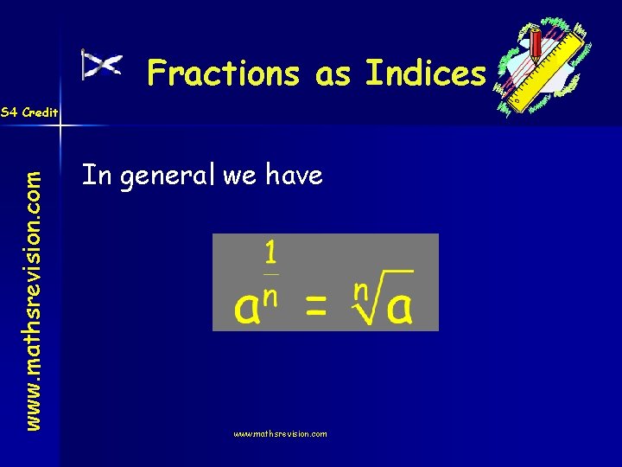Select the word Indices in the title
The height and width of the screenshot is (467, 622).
pyautogui.click(x=425, y=74)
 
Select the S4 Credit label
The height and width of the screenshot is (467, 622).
pyautogui.click(x=29, y=112)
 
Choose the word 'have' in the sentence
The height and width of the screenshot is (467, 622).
pyautogui.click(x=294, y=176)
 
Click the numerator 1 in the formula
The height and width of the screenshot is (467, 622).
pyautogui.click(x=270, y=253)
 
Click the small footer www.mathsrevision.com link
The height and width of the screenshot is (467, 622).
pyautogui.click(x=280, y=434)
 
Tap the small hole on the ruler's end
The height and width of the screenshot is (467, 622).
pyautogui.click(x=517, y=99)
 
